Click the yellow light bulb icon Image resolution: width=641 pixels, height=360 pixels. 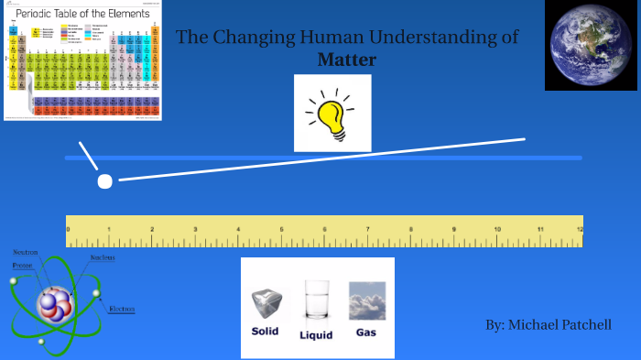[332, 114]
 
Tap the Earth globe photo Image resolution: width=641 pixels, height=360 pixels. [591, 45]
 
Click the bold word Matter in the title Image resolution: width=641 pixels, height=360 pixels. [347, 60]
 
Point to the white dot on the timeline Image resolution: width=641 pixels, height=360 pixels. [104, 181]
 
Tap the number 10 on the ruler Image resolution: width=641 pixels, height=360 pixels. [496, 229]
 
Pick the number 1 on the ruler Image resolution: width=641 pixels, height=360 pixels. [109, 229]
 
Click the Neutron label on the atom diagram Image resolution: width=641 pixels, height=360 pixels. [26, 252]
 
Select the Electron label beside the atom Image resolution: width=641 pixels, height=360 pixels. [122, 309]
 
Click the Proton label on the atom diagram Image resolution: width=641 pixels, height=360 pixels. [22, 265]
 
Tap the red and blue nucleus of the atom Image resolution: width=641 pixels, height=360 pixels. [51, 302]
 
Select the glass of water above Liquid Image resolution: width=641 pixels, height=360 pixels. [316, 300]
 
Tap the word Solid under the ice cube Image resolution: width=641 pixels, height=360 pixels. [265, 331]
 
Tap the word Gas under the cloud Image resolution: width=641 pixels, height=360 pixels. [366, 332]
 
